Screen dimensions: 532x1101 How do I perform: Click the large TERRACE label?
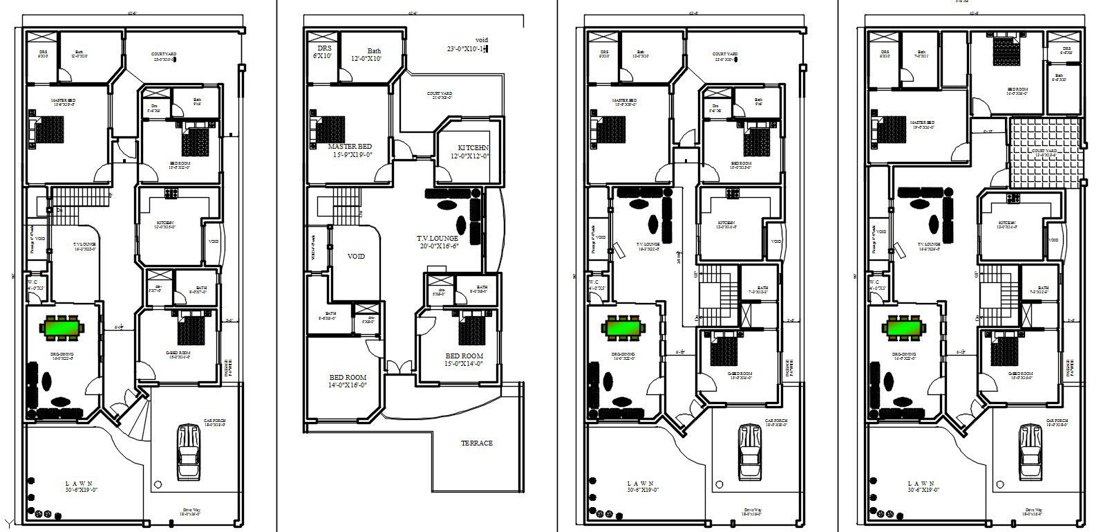478,443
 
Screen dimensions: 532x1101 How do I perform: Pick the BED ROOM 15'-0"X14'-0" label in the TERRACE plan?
464,360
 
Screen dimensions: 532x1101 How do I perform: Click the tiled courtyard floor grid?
1044,152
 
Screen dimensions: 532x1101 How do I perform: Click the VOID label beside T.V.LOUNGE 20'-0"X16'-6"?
356,256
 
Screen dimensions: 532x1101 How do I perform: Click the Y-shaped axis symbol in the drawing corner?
8,522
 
